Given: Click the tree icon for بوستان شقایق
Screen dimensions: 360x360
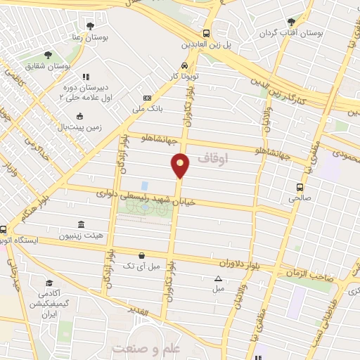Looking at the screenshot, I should pyautogui.click(x=48, y=54).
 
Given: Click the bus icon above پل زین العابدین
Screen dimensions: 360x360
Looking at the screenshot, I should pyautogui.click(x=206, y=32).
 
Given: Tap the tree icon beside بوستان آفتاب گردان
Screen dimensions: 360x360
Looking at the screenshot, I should pyautogui.click(x=291, y=22).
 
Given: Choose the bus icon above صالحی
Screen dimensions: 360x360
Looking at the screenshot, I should pyautogui.click(x=300, y=187).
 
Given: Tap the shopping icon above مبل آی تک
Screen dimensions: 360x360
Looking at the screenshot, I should pyautogui.click(x=142, y=255).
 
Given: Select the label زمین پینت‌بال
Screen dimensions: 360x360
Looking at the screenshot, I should pyautogui.click(x=79, y=127).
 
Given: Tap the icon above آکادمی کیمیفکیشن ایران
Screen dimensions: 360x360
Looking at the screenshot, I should pyautogui.click(x=49, y=282).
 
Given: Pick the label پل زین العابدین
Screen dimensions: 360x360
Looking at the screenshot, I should pyautogui.click(x=206, y=44).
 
